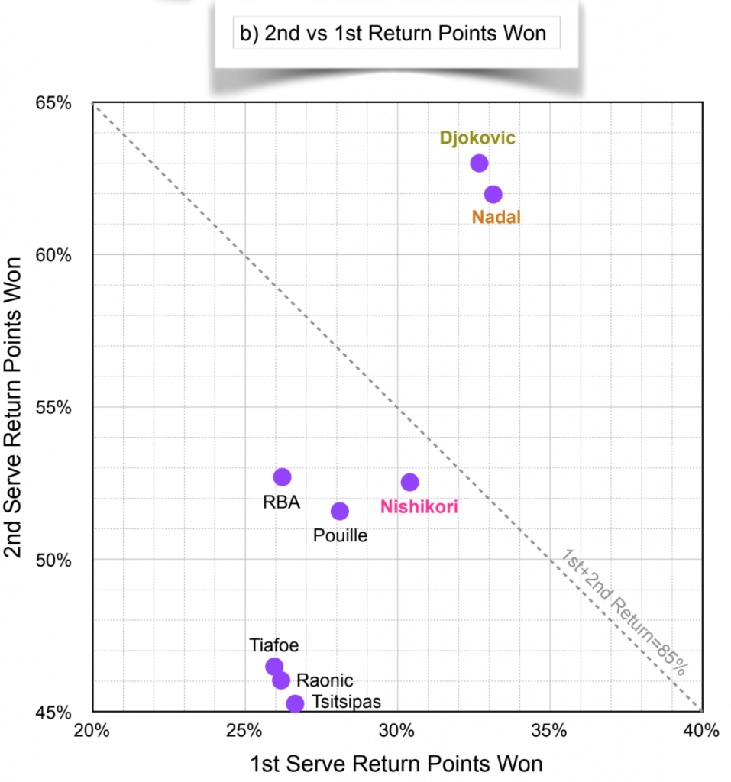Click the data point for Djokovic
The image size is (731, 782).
click(479, 163)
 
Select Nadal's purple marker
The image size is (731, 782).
click(493, 194)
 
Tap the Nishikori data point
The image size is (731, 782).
click(410, 482)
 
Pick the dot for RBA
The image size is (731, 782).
click(283, 477)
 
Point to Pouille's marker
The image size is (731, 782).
click(340, 511)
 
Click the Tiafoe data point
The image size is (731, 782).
click(274, 666)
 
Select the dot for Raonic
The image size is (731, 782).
click(281, 680)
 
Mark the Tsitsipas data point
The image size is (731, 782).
click(295, 703)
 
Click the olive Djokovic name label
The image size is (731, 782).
click(477, 138)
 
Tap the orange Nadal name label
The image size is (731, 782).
click(496, 218)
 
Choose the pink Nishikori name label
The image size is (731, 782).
click(419, 506)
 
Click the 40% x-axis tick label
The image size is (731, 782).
click(701, 731)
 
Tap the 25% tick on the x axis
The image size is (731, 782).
click(245, 731)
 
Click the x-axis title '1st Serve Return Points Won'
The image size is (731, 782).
click(396, 763)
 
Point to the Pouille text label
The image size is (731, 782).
click(340, 535)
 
